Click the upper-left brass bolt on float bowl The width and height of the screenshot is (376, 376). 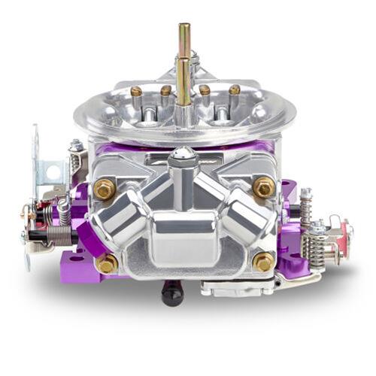[x=105, y=189]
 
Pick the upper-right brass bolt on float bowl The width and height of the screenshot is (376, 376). [x=263, y=186]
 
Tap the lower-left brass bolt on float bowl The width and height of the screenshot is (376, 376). [x=107, y=262]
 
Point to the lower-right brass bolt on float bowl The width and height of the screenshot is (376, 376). [x=264, y=261]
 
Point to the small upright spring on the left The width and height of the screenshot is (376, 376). [x=65, y=210]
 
